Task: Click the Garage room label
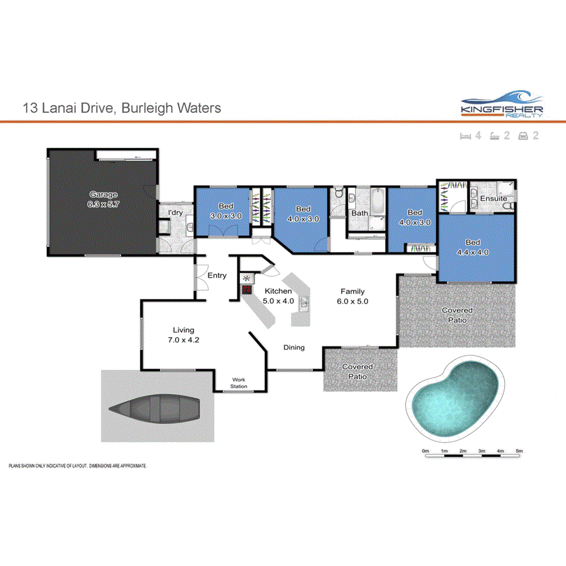pyautogui.click(x=103, y=199)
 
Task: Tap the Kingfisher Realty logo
pyautogui.click(x=501, y=107)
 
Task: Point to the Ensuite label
pyautogui.click(x=493, y=199)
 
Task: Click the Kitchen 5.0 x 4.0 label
pyautogui.click(x=278, y=296)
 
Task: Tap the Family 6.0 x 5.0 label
pyautogui.click(x=353, y=296)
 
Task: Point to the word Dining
pyautogui.click(x=293, y=347)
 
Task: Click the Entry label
pyautogui.click(x=217, y=276)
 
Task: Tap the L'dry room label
pyautogui.click(x=176, y=213)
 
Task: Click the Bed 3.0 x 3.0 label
pyautogui.click(x=226, y=211)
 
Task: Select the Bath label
pyautogui.click(x=360, y=213)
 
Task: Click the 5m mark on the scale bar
pyautogui.click(x=519, y=451)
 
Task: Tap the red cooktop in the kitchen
pyautogui.click(x=247, y=290)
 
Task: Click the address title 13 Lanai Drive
pyautogui.click(x=121, y=109)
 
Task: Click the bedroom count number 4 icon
pyautogui.click(x=478, y=135)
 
